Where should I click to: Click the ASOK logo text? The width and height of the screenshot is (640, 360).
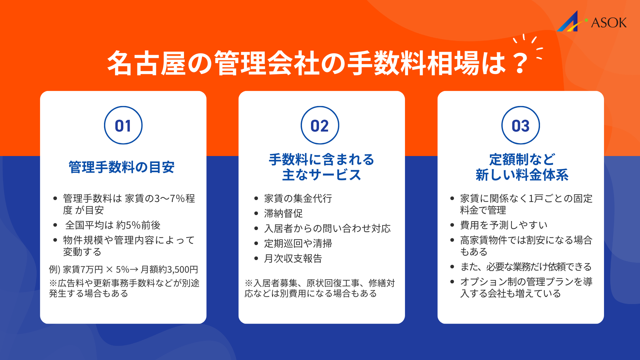[609, 23]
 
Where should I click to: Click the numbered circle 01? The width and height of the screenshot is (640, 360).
[123, 125]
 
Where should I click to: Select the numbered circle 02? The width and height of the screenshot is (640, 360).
[320, 125]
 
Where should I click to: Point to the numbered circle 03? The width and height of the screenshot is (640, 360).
[520, 125]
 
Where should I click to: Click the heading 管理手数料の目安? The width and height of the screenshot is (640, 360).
[122, 167]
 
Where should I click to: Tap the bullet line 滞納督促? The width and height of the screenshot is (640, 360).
[283, 213]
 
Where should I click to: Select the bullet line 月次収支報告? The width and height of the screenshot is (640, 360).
[293, 258]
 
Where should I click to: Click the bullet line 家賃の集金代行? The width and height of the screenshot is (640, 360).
[298, 198]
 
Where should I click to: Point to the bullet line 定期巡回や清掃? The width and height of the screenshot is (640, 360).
[298, 243]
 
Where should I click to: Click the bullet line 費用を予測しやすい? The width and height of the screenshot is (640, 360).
[504, 225]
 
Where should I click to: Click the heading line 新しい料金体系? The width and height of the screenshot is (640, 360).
[522, 175]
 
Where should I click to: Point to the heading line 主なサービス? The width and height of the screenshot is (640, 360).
[321, 175]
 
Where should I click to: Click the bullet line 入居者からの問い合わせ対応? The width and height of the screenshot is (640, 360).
[327, 228]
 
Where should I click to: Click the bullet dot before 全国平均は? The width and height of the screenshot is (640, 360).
[55, 225]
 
